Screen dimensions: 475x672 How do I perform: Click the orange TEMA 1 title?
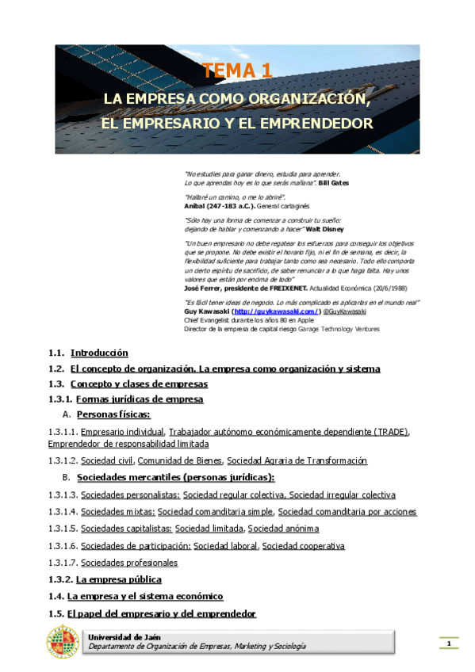238,71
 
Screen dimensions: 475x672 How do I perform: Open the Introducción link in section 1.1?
99,353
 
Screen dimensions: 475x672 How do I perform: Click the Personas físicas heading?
113,414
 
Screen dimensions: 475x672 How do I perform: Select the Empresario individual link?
122,431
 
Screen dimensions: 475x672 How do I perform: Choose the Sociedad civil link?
107,460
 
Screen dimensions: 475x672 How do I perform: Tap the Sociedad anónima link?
283,529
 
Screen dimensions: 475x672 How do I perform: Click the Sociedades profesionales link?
129,563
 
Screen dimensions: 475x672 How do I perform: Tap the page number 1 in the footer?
449,643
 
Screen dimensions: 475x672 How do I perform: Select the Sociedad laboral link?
226,545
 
